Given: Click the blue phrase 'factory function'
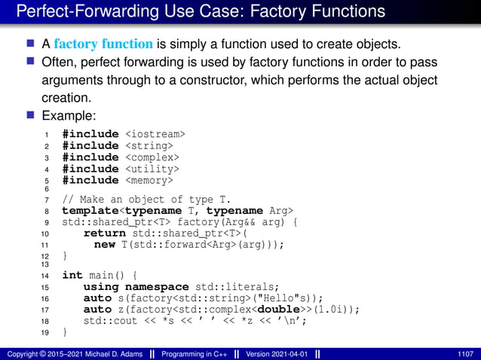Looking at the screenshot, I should pyautogui.click(x=97, y=40).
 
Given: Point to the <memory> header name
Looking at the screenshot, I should pyautogui.click(x=149, y=181).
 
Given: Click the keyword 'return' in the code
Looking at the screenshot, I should pyautogui.click(x=104, y=233).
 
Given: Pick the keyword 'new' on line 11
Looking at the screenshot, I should pyautogui.click(x=104, y=245).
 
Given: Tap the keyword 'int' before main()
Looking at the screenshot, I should pyautogui.click(x=72, y=275).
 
